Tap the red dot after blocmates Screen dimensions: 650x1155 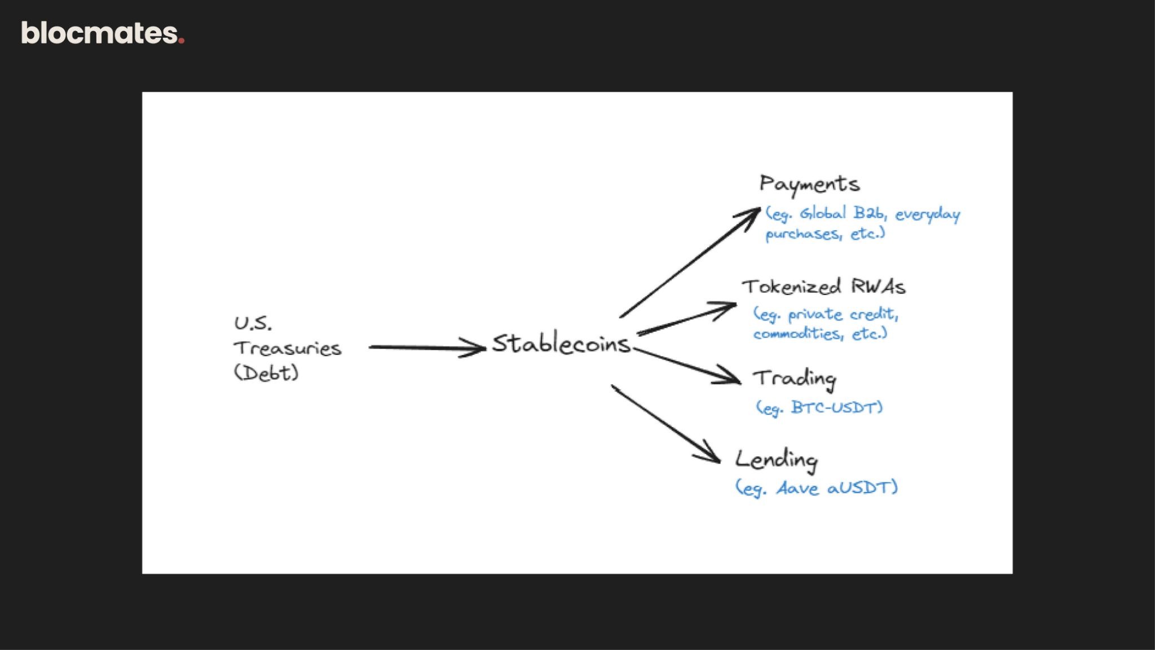coord(181,41)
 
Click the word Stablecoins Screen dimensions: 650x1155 coord(561,344)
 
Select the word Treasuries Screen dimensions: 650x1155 coord(288,348)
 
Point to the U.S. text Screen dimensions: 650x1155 coord(253,323)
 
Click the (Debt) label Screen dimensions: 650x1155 coord(266,373)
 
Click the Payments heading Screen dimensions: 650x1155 coord(809,185)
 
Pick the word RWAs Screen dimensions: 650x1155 coord(878,287)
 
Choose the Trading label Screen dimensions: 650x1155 coord(795,379)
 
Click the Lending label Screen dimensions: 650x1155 coord(777,460)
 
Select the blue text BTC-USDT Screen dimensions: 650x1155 coord(836,407)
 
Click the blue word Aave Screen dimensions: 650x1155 coord(797,488)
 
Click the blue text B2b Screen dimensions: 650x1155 coord(868,213)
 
